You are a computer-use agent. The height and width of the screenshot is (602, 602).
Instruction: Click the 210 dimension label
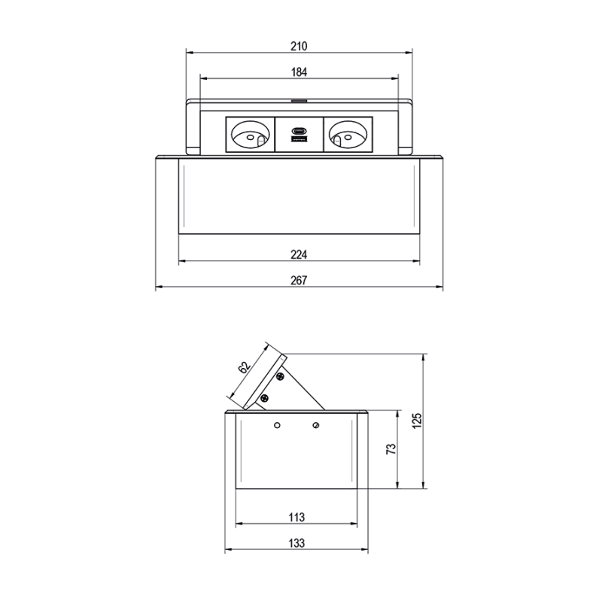[x=299, y=46]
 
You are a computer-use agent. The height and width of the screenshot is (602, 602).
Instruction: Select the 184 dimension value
[x=299, y=71]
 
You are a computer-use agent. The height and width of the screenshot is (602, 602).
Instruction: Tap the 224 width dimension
[x=299, y=254]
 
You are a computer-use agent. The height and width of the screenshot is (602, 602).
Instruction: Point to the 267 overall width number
[x=299, y=280]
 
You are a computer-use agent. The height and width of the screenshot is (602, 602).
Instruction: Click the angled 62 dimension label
[x=244, y=367]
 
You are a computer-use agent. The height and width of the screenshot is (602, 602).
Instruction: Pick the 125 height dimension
[x=417, y=421]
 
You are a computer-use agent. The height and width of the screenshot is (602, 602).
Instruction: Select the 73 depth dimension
[x=391, y=449]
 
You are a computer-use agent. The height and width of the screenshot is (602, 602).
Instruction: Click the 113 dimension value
[x=296, y=517]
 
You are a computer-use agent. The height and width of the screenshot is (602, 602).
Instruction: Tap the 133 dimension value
[x=296, y=543]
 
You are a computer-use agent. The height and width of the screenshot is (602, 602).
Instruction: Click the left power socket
[x=251, y=135]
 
